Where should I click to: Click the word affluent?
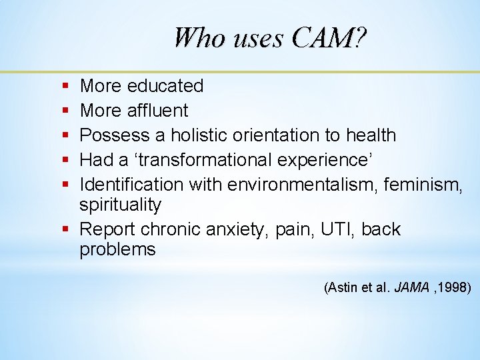point(157,111)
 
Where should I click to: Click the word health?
point(371,135)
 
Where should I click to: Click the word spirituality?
point(120,205)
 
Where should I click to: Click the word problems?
point(117,250)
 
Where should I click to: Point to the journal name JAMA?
point(411,288)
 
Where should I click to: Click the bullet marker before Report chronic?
point(65,229)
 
